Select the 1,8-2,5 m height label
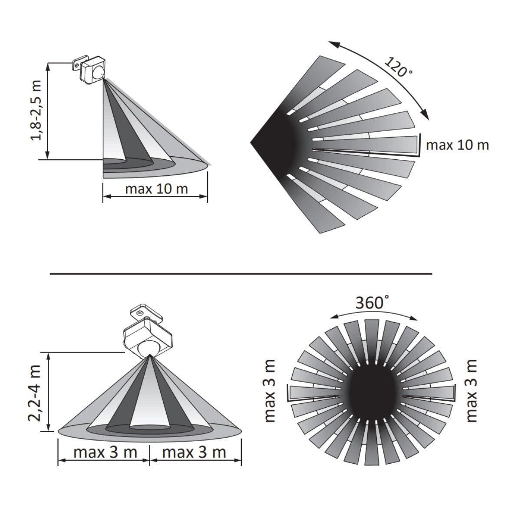[x=36, y=110]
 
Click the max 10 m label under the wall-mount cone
[x=157, y=189]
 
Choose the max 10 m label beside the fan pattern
[x=458, y=145]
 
